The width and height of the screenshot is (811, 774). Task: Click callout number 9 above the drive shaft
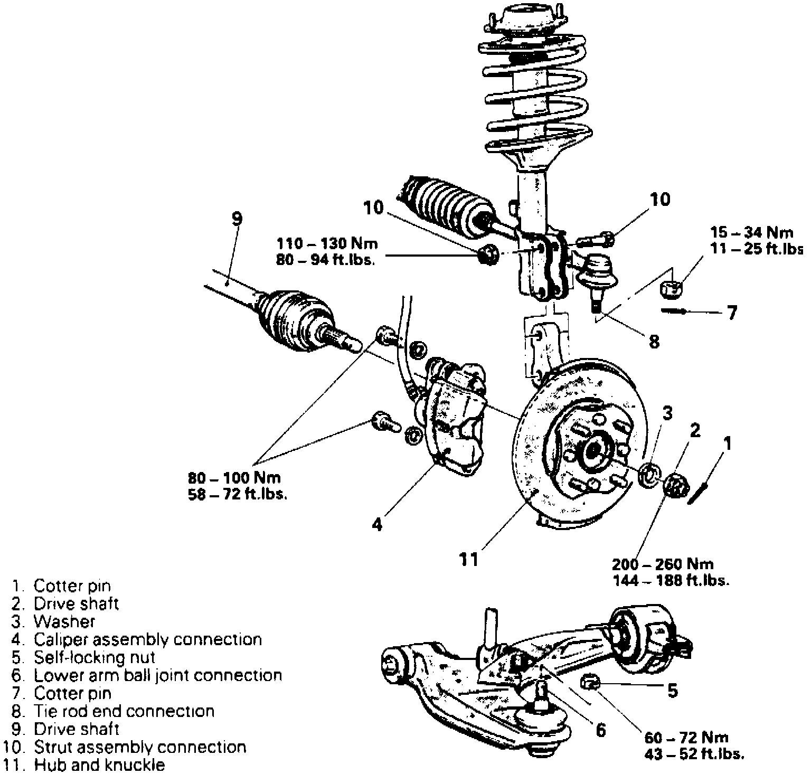[237, 218]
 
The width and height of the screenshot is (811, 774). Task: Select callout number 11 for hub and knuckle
[468, 559]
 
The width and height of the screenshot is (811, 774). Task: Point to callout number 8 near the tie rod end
[654, 342]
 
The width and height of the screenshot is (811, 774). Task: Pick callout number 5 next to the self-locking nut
[672, 690]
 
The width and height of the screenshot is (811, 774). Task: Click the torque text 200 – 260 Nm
[663, 564]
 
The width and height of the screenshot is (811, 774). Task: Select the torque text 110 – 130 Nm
[328, 244]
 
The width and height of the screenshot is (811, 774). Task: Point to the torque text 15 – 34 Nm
[752, 232]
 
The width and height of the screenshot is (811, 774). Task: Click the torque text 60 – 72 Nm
[686, 738]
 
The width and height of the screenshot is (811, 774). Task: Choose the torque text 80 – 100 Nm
[234, 478]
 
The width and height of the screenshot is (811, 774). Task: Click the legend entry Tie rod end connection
[124, 711]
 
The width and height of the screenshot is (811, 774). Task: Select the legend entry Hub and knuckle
[99, 764]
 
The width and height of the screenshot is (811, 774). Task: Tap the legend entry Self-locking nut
[95, 658]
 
